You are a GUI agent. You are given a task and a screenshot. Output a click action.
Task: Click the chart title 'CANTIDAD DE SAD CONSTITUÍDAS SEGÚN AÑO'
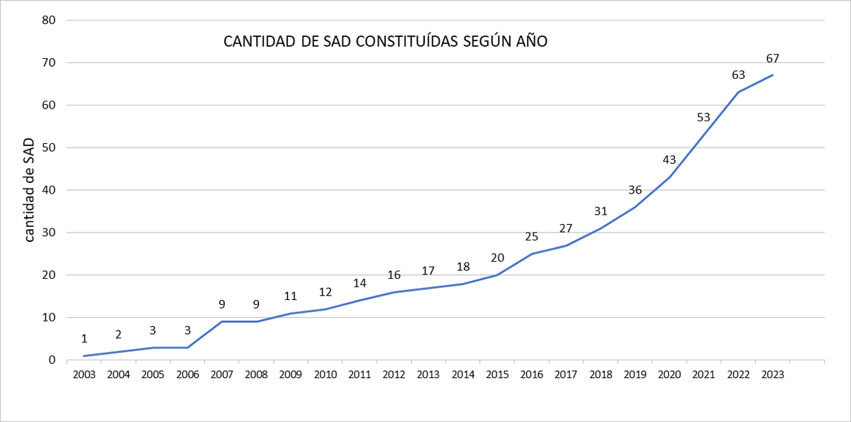tap(386, 42)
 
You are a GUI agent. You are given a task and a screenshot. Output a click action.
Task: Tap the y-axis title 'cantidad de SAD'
tap(30, 190)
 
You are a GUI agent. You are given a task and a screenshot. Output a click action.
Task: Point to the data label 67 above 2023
tap(773, 58)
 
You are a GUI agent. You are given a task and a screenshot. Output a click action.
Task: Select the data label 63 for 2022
tap(738, 74)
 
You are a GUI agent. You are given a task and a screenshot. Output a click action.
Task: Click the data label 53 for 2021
tap(703, 117)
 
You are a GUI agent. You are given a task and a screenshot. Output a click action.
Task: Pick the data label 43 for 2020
tap(669, 160)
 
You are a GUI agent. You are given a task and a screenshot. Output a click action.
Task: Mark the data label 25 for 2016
tap(532, 236)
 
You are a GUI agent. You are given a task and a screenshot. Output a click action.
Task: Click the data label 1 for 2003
tap(84, 339)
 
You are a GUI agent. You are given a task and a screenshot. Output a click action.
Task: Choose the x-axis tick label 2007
tap(221, 374)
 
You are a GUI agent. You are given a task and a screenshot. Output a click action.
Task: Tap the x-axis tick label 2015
tap(497, 374)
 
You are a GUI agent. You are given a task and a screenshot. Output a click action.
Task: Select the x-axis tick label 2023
tap(773, 374)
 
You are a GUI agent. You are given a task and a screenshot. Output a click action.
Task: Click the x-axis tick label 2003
tap(84, 374)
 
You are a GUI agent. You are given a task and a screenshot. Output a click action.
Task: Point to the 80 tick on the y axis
tap(49, 20)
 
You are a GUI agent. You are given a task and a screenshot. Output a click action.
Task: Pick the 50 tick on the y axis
tap(49, 148)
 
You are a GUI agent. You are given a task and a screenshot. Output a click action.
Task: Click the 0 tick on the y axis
tap(52, 360)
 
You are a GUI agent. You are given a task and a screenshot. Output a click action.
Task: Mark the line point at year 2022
tap(738, 92)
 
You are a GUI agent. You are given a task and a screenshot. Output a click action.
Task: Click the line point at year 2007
tap(221, 322)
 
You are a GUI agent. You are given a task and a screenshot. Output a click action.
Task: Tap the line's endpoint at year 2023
tap(773, 75)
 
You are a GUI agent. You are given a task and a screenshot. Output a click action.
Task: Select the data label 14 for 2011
tap(360, 283)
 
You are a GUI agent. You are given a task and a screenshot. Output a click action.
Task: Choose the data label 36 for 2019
tap(635, 189)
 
